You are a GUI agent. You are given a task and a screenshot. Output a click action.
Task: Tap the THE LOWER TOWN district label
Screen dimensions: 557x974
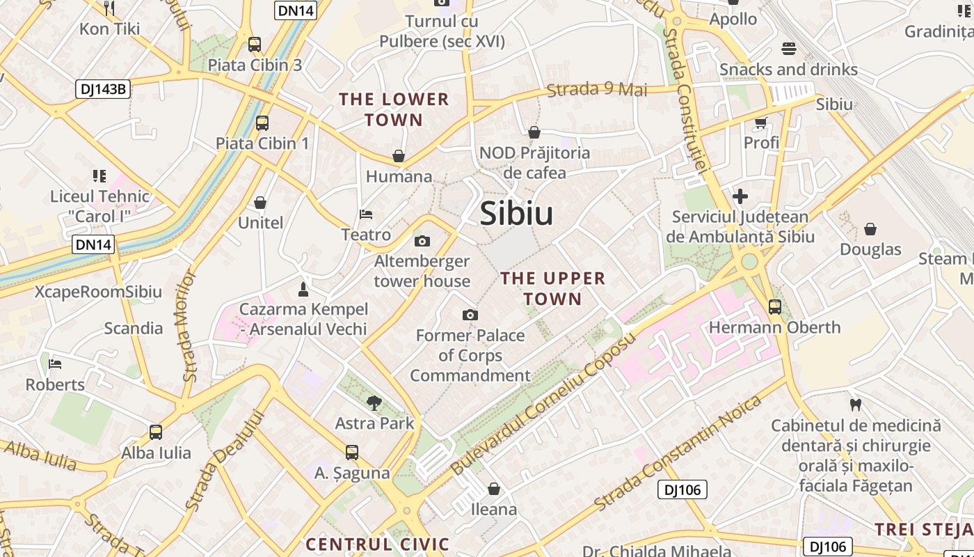point(394,109)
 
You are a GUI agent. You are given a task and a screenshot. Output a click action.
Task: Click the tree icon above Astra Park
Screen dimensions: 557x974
point(374,402)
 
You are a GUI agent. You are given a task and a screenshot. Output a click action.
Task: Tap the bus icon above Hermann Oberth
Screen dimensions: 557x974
point(774,306)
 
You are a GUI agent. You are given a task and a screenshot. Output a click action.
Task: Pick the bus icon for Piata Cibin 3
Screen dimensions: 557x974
point(255,45)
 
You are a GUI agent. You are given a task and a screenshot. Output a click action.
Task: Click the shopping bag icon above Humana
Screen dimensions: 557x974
point(399,156)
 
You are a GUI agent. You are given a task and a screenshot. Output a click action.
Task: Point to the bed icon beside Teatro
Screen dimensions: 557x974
point(366,214)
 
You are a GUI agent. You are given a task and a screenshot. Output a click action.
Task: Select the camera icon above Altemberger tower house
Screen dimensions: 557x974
point(422,241)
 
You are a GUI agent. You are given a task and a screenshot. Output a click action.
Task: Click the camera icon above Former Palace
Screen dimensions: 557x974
point(470,315)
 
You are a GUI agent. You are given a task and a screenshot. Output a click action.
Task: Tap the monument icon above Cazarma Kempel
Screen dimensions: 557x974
point(303,288)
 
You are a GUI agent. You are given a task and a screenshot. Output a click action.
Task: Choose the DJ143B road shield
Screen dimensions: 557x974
point(103,88)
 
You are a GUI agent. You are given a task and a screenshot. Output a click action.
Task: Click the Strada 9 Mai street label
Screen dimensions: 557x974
point(597,89)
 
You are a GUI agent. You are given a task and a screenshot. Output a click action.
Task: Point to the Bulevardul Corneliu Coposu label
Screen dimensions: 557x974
point(543,404)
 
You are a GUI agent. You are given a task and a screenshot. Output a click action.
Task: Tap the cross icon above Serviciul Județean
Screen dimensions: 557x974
point(740,196)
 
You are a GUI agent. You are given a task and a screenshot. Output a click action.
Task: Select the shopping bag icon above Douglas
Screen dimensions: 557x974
point(870,228)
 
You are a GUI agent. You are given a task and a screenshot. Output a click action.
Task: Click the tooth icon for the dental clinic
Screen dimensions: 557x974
point(856,404)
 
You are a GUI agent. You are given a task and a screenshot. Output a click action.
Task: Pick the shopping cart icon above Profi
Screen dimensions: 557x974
point(760,123)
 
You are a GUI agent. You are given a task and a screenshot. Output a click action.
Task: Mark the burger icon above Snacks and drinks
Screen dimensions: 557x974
point(788,49)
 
